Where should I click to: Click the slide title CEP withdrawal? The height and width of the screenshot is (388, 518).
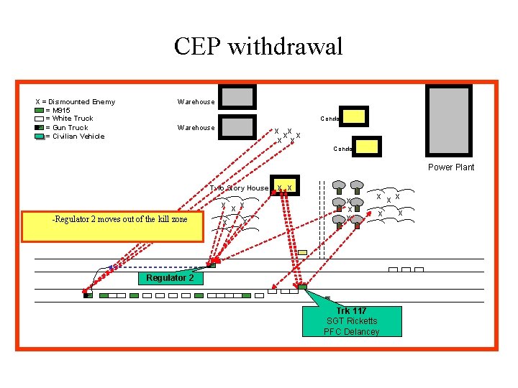[x=258, y=47]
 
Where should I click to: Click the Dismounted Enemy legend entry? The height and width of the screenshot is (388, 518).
[x=76, y=101]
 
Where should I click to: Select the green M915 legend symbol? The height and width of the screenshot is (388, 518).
[x=39, y=110]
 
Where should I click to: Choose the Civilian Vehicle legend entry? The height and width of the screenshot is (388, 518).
[x=75, y=136]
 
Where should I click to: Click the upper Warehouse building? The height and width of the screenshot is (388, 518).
[x=237, y=97]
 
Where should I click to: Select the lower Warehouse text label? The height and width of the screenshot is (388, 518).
[x=196, y=128]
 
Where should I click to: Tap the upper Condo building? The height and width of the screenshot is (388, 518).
[x=354, y=116]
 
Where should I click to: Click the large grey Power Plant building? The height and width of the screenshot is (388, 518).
[x=449, y=121]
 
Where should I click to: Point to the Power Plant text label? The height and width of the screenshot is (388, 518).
[x=451, y=167]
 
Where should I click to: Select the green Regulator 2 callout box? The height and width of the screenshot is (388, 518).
[x=170, y=278]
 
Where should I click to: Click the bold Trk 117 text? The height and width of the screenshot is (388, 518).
[x=352, y=311]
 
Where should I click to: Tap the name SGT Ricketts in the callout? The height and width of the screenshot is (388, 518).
[x=352, y=321]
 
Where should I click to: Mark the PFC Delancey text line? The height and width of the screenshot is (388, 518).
[x=352, y=331]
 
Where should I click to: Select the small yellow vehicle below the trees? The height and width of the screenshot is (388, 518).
[x=302, y=252]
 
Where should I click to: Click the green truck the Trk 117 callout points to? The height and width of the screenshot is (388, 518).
[x=303, y=287]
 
